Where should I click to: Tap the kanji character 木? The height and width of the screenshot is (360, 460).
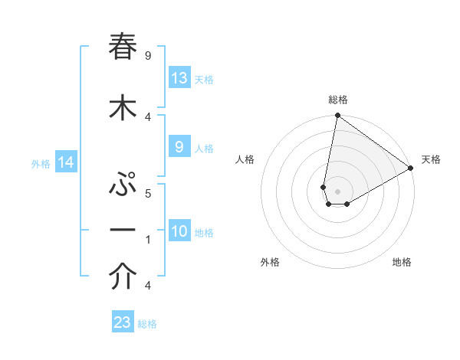[x=123, y=108]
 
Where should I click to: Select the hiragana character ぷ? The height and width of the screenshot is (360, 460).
[x=123, y=185]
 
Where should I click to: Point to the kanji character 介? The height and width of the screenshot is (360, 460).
[x=123, y=278]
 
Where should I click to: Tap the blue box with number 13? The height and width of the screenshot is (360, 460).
[x=179, y=78]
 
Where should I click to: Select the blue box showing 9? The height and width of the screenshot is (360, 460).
[x=179, y=147]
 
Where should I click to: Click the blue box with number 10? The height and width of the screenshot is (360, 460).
[x=179, y=231]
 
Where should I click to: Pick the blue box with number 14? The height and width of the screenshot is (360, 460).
[x=65, y=162]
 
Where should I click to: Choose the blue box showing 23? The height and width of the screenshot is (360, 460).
[x=123, y=322]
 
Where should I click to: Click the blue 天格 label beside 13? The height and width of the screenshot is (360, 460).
[x=203, y=79]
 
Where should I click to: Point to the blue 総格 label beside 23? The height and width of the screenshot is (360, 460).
[x=147, y=323]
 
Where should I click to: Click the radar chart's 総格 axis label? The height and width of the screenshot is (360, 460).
[x=337, y=100]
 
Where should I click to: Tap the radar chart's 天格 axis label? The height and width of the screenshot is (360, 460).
[x=431, y=159]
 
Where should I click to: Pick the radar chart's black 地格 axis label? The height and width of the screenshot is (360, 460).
[x=402, y=262]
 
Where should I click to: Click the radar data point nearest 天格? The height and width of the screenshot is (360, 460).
[x=411, y=169]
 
